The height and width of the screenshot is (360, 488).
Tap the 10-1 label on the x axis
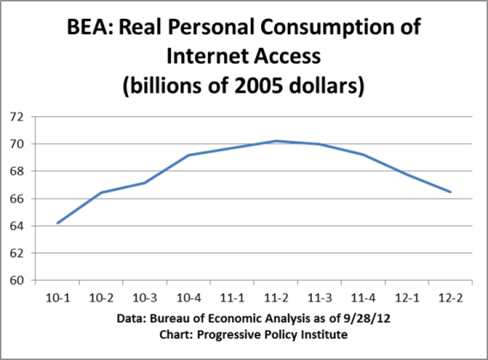(x=58, y=296)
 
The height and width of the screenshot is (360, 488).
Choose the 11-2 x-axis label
(x=277, y=296)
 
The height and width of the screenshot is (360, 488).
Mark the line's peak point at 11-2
(x=277, y=141)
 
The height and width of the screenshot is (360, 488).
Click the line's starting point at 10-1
(x=58, y=223)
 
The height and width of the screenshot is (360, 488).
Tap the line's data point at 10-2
(x=101, y=192)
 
